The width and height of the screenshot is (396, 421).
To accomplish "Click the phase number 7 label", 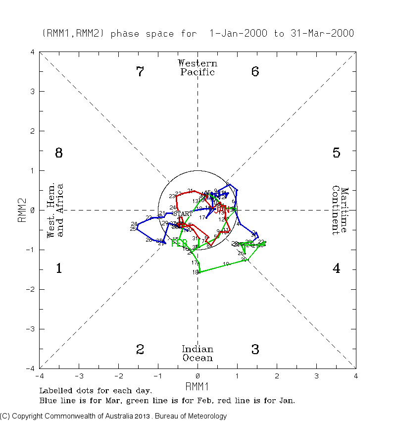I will (x=140, y=72).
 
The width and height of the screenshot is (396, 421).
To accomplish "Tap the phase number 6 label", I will (x=255, y=72).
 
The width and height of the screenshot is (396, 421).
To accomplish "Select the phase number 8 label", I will (x=58, y=153).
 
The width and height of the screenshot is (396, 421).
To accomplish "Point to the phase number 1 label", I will (x=58, y=269).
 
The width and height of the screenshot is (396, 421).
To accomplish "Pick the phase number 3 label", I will (x=255, y=350).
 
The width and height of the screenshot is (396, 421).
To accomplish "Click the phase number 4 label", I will (x=336, y=269).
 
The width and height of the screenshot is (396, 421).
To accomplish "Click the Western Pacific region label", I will (x=198, y=67).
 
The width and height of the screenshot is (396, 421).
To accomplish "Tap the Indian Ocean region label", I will (x=198, y=354).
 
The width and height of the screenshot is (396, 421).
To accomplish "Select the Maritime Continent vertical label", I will (x=341, y=210).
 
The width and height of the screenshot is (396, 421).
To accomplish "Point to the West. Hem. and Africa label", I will (x=55, y=210).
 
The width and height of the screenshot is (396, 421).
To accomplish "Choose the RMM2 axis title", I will (x=22, y=210).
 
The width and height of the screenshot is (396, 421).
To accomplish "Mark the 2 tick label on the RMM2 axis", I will (x=33, y=131).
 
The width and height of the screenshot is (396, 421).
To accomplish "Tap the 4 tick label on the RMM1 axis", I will (x=356, y=375).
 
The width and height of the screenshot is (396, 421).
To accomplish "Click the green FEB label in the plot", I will (x=179, y=243).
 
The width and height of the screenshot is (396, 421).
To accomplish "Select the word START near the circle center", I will (x=183, y=213).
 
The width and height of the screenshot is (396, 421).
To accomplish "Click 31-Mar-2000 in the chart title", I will (x=322, y=34).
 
